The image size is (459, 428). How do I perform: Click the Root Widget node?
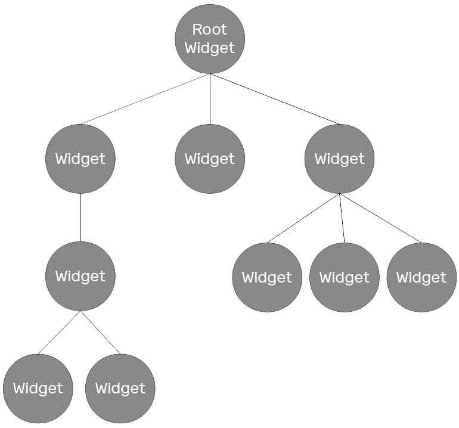(210, 39)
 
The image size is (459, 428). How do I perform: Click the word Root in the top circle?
(210, 29)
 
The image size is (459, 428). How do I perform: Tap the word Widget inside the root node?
(210, 48)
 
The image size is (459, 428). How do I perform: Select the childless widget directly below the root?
(210, 159)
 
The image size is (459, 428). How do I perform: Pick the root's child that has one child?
(80, 159)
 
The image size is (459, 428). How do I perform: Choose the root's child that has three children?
(340, 159)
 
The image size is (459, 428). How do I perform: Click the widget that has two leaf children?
(80, 276)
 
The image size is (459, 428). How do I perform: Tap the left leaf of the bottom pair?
(38, 389)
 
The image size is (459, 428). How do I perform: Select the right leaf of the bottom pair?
(120, 389)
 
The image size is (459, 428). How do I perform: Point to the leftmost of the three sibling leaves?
(267, 277)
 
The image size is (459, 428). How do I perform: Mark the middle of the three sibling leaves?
(345, 277)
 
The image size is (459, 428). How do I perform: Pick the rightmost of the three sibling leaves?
(421, 277)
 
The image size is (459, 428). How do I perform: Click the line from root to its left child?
(145, 99)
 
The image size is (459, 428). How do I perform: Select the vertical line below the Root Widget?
(210, 99)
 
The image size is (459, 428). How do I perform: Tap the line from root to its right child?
(275, 99)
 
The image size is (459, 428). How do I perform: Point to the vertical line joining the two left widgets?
(80, 218)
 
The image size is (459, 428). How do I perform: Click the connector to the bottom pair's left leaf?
(59, 333)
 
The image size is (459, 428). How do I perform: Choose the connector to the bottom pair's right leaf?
(100, 333)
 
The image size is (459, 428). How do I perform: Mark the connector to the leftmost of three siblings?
(303, 218)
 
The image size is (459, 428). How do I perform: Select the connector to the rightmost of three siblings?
(380, 218)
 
